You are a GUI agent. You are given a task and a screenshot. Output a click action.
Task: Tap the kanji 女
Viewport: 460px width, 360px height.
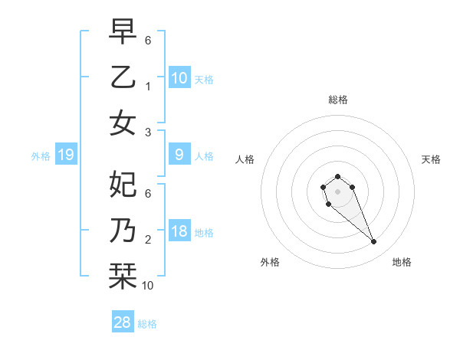pyautogui.click(x=123, y=123)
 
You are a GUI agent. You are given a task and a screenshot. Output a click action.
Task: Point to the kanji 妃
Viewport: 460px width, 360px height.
pyautogui.click(x=123, y=184)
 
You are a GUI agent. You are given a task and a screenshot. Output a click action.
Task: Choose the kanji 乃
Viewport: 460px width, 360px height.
pyautogui.click(x=123, y=231)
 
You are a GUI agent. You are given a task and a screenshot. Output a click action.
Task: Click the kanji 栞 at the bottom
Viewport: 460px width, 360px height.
pyautogui.click(x=123, y=277)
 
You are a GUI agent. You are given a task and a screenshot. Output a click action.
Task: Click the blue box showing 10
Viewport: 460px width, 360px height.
pyautogui.click(x=179, y=77)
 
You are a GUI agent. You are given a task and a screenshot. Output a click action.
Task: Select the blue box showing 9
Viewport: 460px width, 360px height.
pyautogui.click(x=179, y=155)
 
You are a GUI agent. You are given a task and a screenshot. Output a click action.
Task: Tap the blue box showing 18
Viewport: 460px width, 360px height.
pyautogui.click(x=179, y=231)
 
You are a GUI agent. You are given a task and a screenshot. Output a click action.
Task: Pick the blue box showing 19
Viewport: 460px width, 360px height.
pyautogui.click(x=66, y=155)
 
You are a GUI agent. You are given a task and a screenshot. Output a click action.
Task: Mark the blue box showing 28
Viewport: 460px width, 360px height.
pyautogui.click(x=123, y=322)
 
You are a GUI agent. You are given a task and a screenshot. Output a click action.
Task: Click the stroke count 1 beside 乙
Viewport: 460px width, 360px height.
pyautogui.click(x=148, y=87)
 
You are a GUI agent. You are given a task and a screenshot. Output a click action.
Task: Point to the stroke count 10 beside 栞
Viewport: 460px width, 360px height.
pyautogui.click(x=148, y=286)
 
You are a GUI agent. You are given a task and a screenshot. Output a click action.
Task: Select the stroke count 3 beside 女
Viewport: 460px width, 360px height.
pyautogui.click(x=148, y=132)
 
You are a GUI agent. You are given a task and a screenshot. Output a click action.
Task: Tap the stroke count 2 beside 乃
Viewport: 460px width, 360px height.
pyautogui.click(x=148, y=240)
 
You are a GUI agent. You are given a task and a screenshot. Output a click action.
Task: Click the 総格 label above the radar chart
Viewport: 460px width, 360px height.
pyautogui.click(x=337, y=100)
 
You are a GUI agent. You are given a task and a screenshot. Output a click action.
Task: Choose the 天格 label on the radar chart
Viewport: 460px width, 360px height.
pyautogui.click(x=431, y=159)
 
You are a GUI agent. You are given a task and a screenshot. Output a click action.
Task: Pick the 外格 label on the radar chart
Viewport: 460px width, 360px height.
pyautogui.click(x=270, y=262)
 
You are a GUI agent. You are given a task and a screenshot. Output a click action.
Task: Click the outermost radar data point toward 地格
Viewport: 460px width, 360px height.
pyautogui.click(x=374, y=242)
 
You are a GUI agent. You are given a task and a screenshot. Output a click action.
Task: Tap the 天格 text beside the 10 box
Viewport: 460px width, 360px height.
pyautogui.click(x=204, y=79)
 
